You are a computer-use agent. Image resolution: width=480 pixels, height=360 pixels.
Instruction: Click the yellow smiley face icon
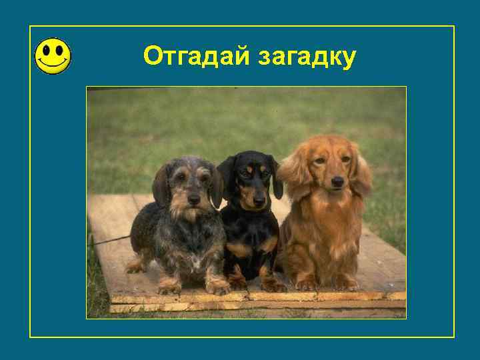coord(53,55)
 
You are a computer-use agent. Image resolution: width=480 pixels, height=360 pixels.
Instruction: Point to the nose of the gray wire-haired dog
coord(194,199)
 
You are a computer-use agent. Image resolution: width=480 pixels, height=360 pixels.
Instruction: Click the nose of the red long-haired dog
coord(337,181)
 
